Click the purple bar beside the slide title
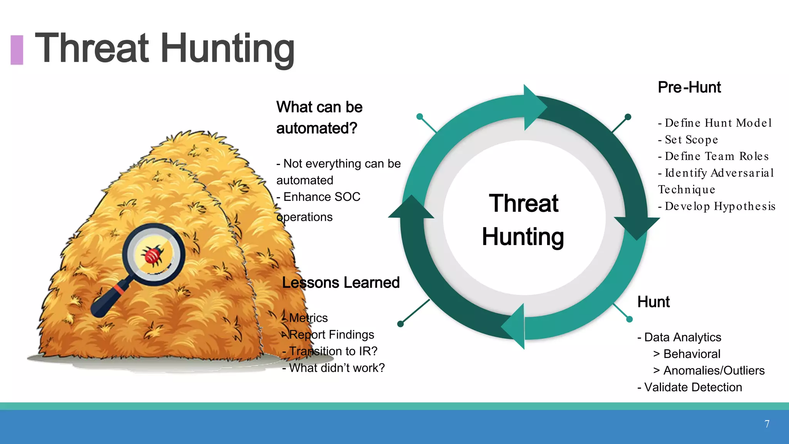pyautogui.click(x=17, y=50)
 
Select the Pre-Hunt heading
pyautogui.click(x=689, y=87)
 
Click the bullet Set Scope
pyautogui.click(x=688, y=140)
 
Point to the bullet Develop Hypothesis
pyautogui.click(x=717, y=206)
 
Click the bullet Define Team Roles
pyautogui.click(x=713, y=156)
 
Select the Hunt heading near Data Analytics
pyautogui.click(x=653, y=302)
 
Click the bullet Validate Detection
pyautogui.click(x=690, y=387)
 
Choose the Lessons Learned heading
pyautogui.click(x=341, y=283)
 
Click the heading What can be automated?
pyautogui.click(x=319, y=117)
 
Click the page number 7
pyautogui.click(x=767, y=424)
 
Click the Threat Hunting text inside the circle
pyautogui.click(x=523, y=220)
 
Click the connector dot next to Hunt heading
pyautogui.click(x=630, y=319)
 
